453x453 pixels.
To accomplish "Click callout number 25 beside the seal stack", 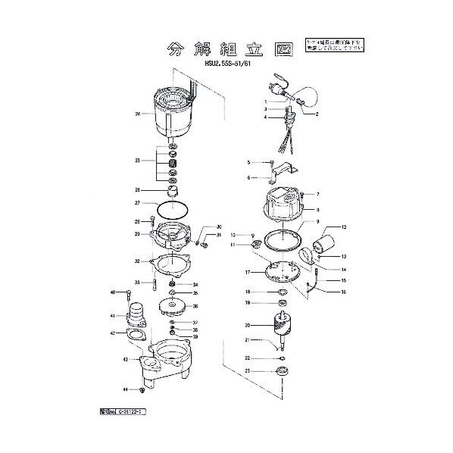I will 138,161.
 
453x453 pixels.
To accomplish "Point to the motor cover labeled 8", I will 284,205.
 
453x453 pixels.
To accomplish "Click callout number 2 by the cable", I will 317,114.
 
